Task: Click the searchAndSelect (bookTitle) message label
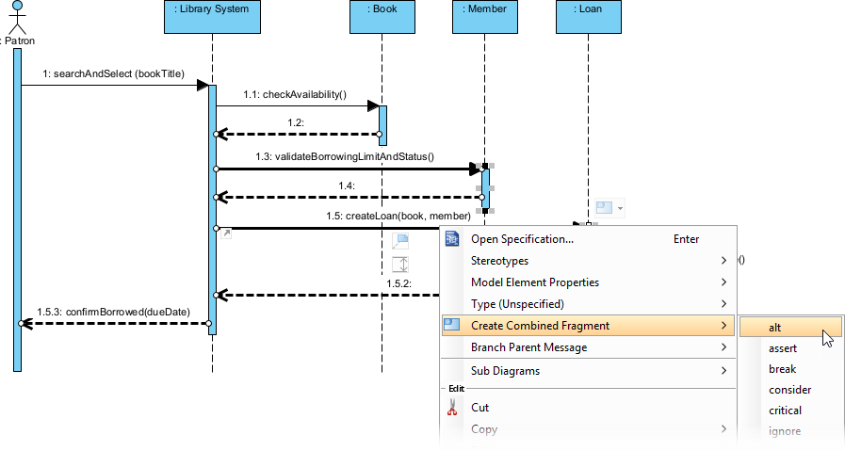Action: [113, 73]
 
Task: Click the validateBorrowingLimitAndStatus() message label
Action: [344, 156]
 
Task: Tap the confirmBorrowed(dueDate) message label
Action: [112, 311]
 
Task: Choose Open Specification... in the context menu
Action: [522, 239]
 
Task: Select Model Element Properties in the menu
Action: [534, 282]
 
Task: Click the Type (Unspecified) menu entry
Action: [517, 304]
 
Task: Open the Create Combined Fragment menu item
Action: [540, 326]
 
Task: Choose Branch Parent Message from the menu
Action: [528, 347]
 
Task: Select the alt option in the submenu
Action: [775, 328]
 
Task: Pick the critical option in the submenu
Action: [785, 411]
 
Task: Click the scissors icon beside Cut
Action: [451, 408]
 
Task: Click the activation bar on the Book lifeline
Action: [382, 121]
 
